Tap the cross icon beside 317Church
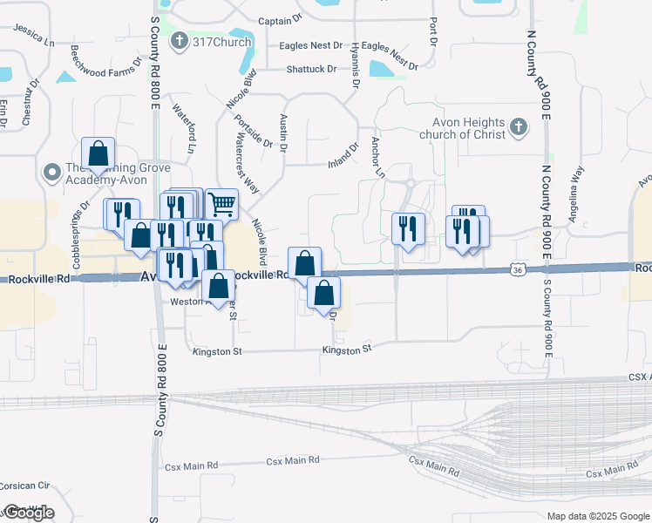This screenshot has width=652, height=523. (x=180, y=41)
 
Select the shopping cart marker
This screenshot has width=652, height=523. (x=222, y=205)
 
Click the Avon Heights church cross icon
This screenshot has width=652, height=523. (x=519, y=128)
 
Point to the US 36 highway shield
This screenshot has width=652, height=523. (x=518, y=271)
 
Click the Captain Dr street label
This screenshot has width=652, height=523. (x=280, y=18)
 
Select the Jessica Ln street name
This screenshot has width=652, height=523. (x=34, y=35)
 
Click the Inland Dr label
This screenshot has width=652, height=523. (x=343, y=155)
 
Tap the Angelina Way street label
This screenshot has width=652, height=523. (x=576, y=196)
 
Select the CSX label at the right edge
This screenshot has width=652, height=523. (x=639, y=377)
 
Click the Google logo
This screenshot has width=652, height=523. (x=28, y=512)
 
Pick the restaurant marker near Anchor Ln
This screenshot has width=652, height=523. (x=408, y=228)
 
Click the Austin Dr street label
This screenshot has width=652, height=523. (x=283, y=131)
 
